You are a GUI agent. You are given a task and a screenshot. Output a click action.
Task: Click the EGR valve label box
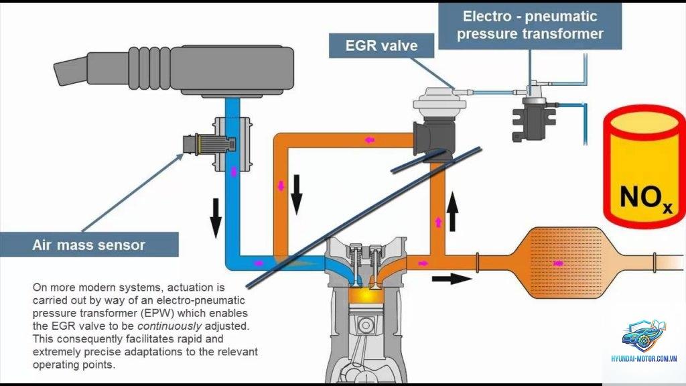click(x=381, y=46)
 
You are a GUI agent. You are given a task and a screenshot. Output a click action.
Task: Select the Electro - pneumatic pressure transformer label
click(x=530, y=25)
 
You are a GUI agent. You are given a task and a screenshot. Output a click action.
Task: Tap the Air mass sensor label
click(x=89, y=245)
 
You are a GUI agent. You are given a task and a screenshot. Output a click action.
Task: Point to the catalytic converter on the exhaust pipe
click(x=564, y=263)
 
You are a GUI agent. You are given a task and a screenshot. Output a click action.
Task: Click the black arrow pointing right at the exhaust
click(x=452, y=279)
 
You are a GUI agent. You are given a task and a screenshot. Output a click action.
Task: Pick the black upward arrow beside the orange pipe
click(x=453, y=212)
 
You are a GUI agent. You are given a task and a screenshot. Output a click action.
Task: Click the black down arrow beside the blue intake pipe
click(x=216, y=218)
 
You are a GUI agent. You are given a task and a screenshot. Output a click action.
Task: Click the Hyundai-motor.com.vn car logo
click(x=644, y=336)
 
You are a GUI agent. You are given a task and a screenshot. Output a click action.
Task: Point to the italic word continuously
click(x=169, y=326)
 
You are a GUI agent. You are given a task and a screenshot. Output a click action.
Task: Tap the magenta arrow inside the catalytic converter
click(x=558, y=263)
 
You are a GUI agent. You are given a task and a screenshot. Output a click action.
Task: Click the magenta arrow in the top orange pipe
click(x=370, y=140)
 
